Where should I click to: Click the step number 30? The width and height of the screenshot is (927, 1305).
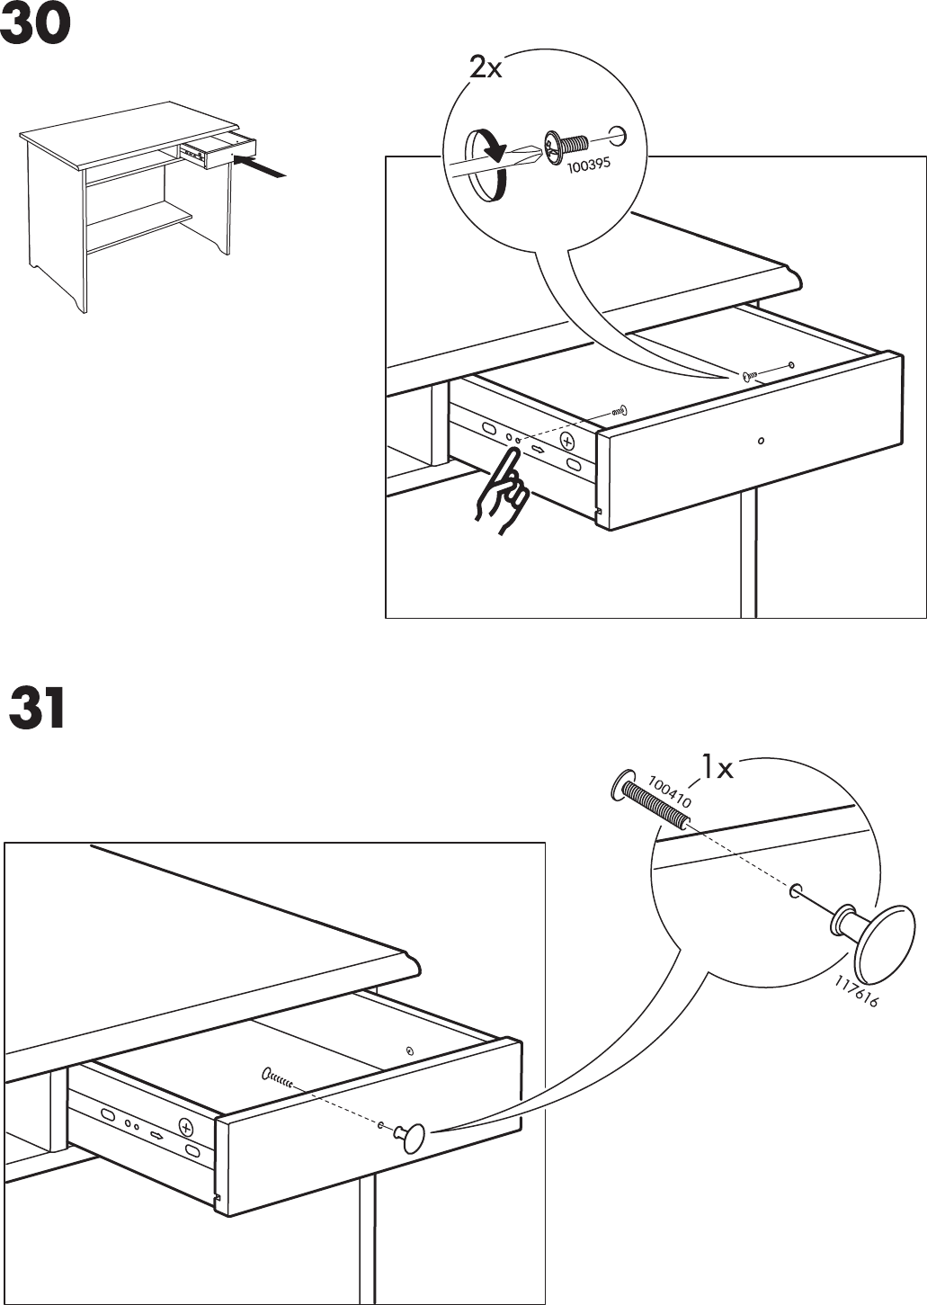35,28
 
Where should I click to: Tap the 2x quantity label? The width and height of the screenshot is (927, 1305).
486,67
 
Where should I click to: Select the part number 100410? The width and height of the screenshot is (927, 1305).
670,791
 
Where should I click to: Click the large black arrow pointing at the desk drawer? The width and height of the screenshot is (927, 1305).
262,167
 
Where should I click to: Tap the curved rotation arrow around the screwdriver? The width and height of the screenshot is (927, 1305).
486,164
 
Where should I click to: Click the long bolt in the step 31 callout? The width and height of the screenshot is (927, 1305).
652,800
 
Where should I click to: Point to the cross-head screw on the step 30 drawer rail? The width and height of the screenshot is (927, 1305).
567,441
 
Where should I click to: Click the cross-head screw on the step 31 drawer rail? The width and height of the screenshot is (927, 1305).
185,1128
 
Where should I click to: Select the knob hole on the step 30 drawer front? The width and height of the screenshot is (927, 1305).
761,441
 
